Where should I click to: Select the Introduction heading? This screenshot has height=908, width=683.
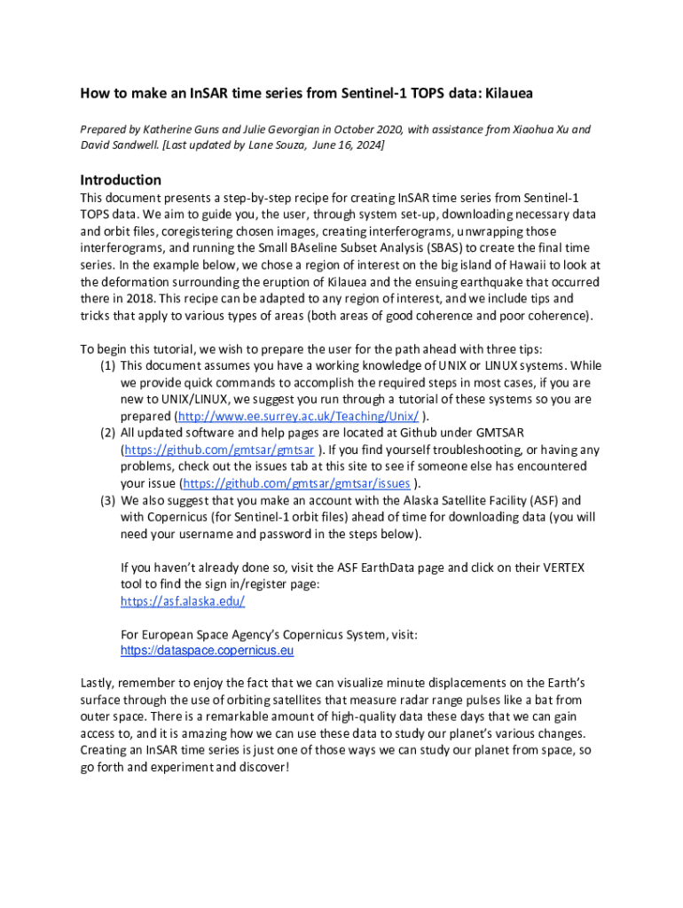(121, 179)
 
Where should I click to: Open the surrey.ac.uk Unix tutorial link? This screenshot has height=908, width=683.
(299, 416)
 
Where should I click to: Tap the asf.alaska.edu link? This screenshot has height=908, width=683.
(182, 601)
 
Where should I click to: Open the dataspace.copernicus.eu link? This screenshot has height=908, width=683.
(207, 651)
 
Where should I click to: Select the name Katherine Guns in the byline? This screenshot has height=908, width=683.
(179, 129)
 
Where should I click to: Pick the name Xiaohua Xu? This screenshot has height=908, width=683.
(541, 129)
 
